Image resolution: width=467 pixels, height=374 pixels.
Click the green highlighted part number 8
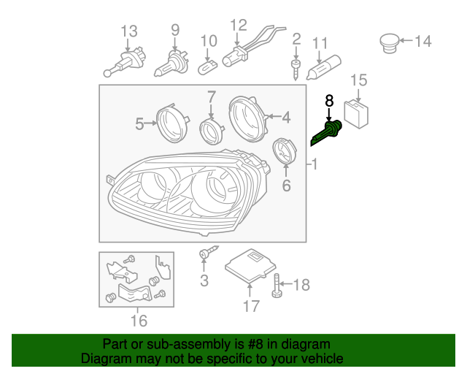pos(328,132)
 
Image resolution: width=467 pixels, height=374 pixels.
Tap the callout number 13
pos(129,31)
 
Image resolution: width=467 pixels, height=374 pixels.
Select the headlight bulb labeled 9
pos(171,64)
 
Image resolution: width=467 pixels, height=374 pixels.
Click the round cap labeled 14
pos(390,43)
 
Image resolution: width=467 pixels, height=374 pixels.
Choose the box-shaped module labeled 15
pos(356,114)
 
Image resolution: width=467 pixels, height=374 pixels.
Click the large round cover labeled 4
pos(248,119)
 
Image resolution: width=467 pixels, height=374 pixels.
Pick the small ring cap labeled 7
pos(212,131)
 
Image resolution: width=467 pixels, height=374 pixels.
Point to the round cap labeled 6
pos(285,151)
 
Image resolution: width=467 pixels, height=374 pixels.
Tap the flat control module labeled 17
pos(250,265)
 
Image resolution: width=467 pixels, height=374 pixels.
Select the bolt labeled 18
pos(277,286)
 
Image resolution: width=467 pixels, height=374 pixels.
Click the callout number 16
pos(139,321)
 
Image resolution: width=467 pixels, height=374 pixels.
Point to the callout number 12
pos(239,26)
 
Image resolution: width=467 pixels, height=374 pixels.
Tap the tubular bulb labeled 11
pos(324,67)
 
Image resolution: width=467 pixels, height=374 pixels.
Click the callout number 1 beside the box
pos(314,164)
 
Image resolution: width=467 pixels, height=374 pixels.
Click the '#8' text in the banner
pos(255,344)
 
